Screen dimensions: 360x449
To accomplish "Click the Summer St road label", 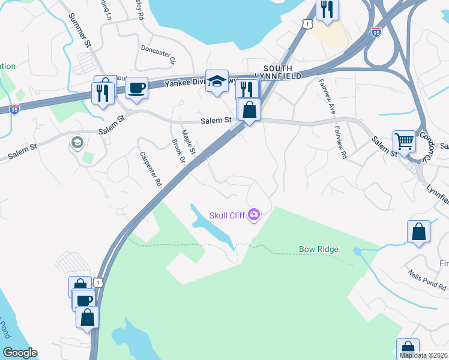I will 79,31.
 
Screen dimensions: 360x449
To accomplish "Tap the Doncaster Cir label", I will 157,53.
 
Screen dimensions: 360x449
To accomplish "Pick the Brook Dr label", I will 176,152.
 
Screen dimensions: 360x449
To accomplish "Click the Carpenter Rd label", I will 151,168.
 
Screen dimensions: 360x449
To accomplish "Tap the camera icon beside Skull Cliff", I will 254,214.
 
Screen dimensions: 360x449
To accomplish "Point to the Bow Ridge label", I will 319,249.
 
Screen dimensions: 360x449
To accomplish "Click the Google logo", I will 19,353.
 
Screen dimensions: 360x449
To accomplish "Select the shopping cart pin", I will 404,142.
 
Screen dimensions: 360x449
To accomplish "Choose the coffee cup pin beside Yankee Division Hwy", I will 136,88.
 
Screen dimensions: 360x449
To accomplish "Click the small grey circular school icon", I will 77,142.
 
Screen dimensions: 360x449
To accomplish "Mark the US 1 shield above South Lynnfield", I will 307,23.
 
